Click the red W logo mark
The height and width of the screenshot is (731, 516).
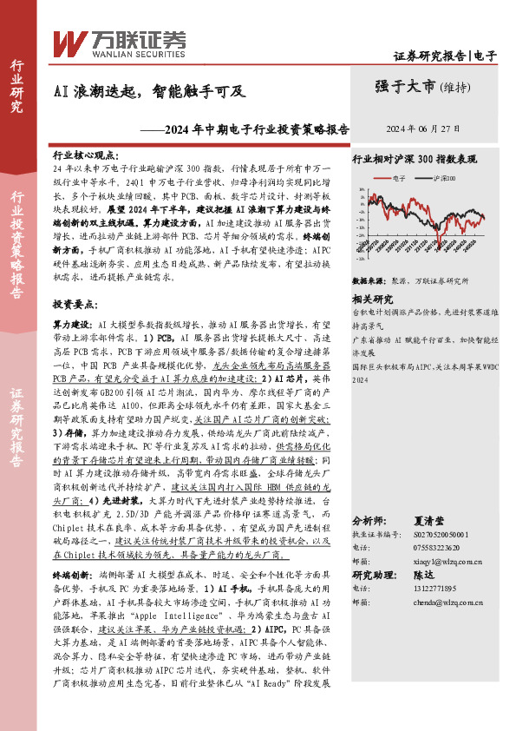69,41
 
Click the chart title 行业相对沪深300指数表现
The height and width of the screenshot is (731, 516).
415,160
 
